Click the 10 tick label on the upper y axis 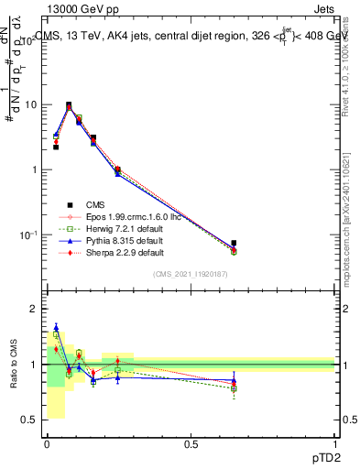pyautogui.click(x=29, y=104)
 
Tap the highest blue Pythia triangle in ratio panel pyautogui.click(x=56, y=327)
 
